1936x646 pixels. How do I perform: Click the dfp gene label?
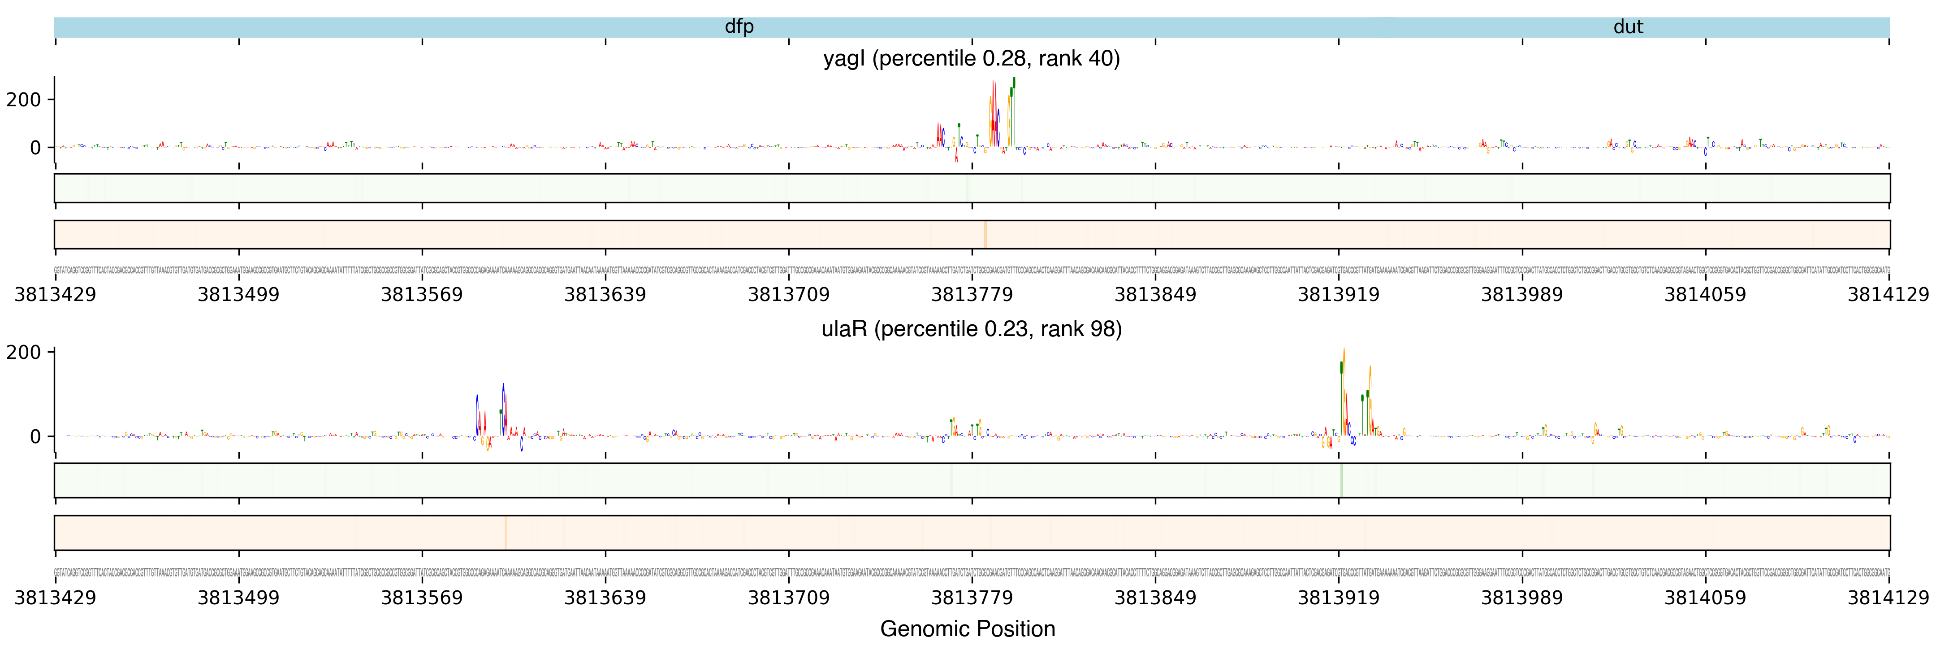[x=739, y=27]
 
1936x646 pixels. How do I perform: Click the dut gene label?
[x=1628, y=27]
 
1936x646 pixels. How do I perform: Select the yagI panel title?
[x=971, y=59]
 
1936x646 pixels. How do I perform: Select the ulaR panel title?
[x=971, y=329]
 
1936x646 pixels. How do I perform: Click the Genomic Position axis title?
[x=967, y=629]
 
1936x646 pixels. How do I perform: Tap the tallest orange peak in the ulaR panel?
[x=1344, y=354]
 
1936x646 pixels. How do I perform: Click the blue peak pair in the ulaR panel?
[x=490, y=410]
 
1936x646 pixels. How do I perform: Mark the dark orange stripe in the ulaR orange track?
[x=506, y=533]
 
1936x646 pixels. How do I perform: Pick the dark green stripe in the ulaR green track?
[x=1341, y=480]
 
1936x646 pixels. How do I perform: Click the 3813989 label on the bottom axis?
[x=1522, y=598]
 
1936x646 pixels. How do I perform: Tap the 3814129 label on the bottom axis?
[x=1888, y=598]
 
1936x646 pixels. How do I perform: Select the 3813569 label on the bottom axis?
[x=422, y=598]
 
